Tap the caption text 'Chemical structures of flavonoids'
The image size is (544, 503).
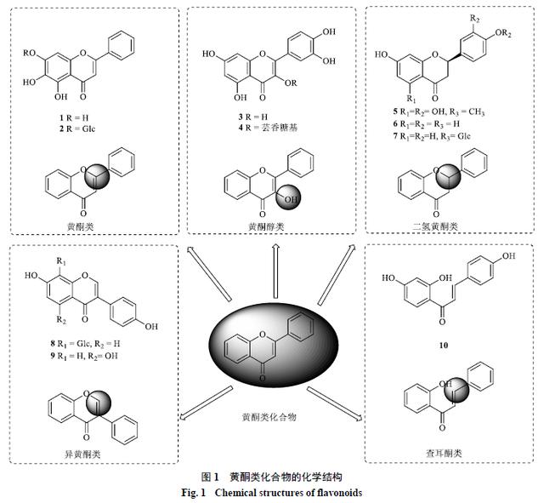[288, 493]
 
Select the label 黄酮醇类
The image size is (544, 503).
[266, 227]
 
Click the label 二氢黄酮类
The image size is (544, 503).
[435, 227]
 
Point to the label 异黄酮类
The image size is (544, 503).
[82, 454]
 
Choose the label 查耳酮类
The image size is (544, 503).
[444, 453]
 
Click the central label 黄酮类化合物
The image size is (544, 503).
[269, 416]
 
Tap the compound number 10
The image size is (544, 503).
[444, 346]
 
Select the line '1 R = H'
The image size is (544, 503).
[74, 117]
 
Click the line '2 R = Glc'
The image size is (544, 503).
[76, 129]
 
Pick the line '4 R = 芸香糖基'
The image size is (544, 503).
[268, 128]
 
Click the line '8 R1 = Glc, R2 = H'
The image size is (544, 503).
[85, 344]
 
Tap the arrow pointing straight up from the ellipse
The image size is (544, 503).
[275, 271]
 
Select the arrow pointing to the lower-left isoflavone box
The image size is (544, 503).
[206, 403]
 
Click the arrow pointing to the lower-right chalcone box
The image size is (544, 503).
[334, 403]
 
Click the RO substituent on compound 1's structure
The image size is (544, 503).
[29, 53]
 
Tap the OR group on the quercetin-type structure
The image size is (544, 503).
[291, 83]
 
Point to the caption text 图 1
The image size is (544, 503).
[210, 477]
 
